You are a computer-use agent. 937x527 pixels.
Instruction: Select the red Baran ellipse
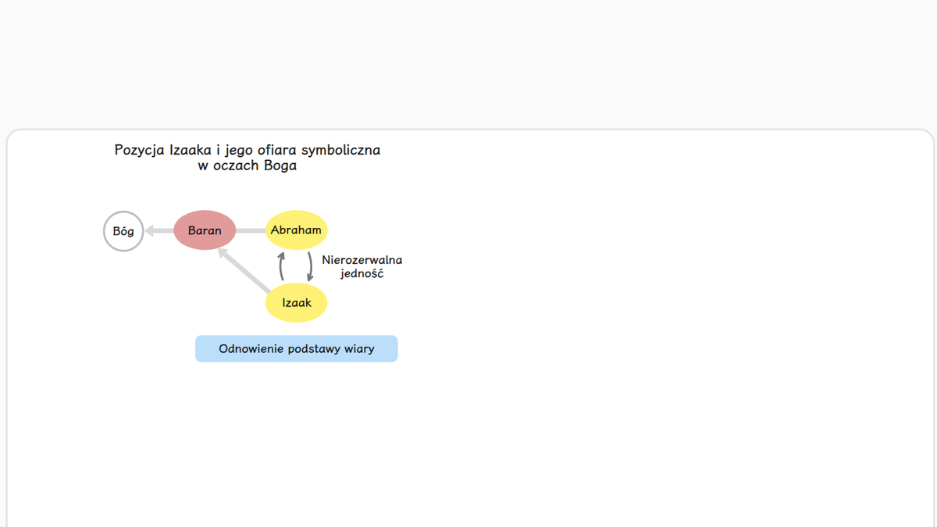point(205,230)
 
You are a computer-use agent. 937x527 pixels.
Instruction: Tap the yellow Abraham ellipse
point(296,230)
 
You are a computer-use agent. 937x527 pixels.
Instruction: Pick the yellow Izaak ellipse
point(296,302)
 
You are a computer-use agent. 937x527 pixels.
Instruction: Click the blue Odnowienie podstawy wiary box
point(297,348)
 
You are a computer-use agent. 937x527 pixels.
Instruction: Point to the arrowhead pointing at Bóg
point(149,230)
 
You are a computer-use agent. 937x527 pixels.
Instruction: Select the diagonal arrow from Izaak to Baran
point(244,270)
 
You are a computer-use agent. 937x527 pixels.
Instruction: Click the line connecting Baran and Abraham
point(251,230)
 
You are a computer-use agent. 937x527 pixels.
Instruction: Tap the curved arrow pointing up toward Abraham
point(282,266)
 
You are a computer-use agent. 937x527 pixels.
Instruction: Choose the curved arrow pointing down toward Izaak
point(310,266)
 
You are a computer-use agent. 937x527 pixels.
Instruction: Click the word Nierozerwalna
point(362,260)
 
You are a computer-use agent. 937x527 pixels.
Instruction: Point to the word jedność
point(362,273)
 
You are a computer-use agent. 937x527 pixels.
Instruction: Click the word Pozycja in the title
point(139,150)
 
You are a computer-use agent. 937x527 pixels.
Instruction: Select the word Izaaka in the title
point(191,150)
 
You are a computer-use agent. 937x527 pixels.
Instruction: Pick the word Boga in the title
point(280,166)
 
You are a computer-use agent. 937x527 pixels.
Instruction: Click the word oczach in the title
point(236,166)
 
